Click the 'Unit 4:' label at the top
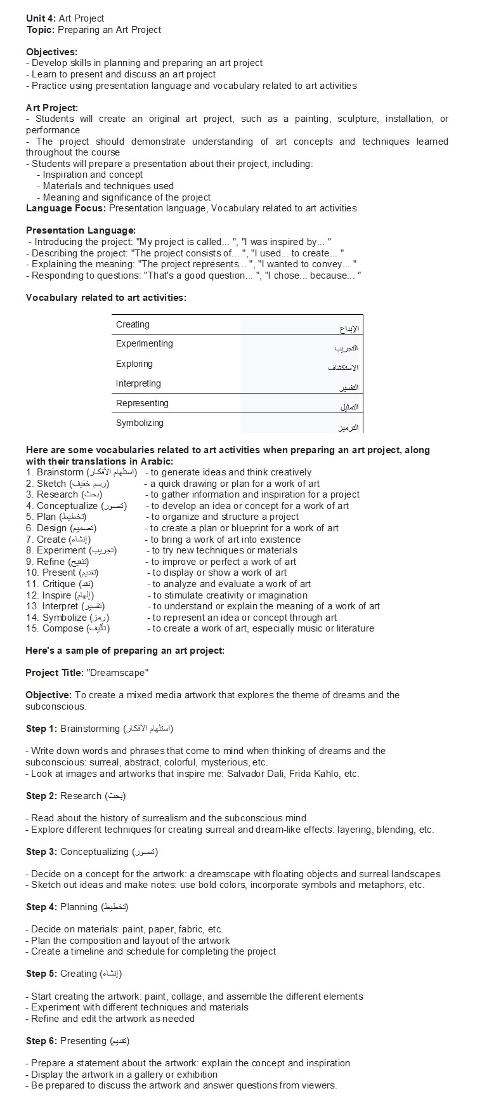tap(41, 18)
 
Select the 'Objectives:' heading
tap(51, 52)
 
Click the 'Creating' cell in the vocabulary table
tap(133, 324)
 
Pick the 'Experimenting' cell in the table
tap(144, 343)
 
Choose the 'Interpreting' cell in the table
tap(138, 383)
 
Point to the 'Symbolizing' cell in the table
tap(140, 423)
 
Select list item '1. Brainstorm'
tap(55, 472)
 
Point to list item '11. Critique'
tap(52, 584)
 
